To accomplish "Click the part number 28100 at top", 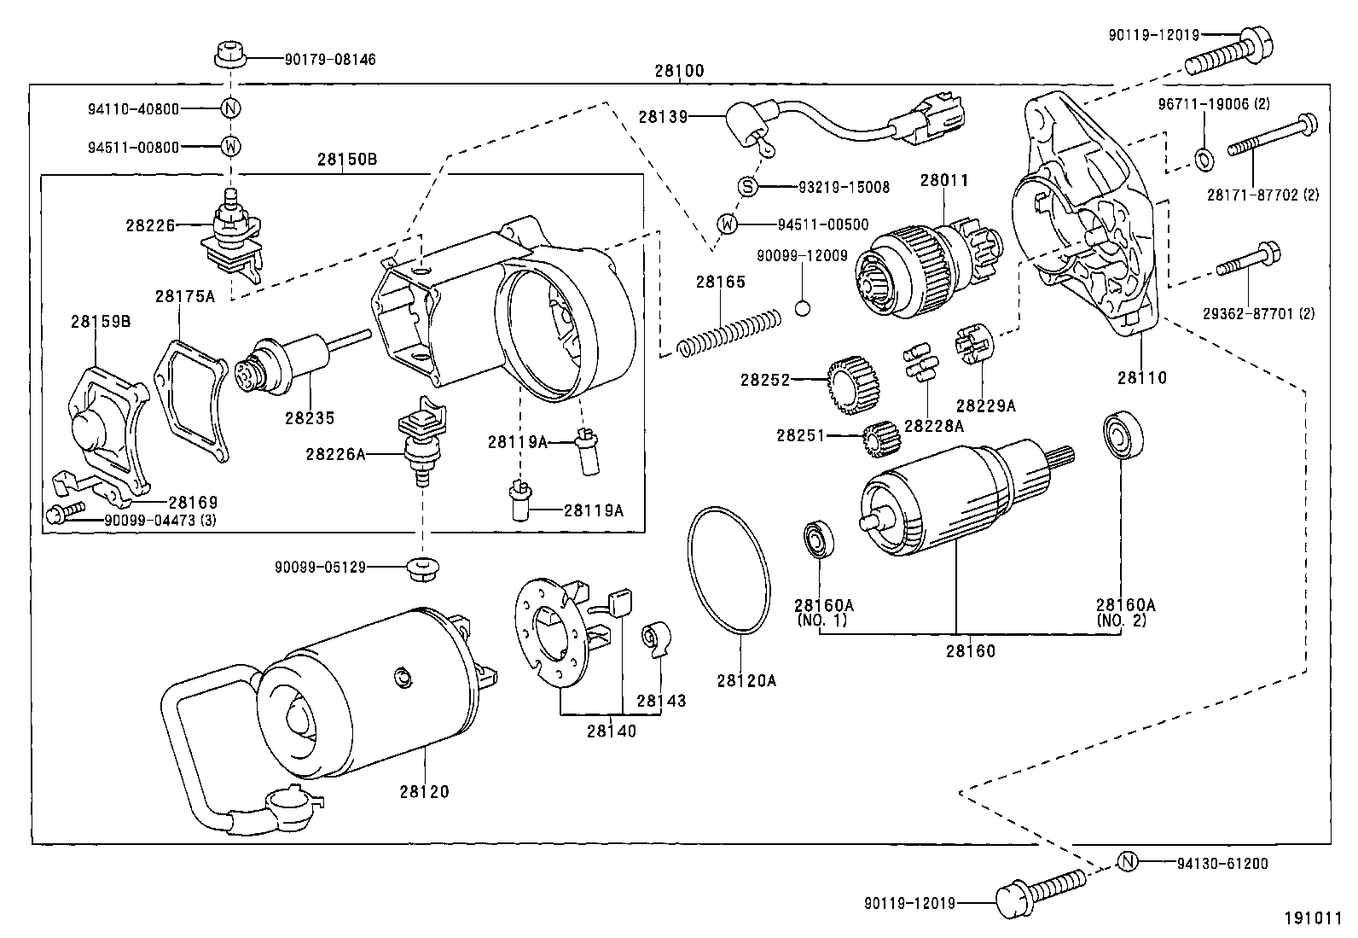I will point(680,72).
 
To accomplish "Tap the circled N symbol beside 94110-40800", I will point(231,109).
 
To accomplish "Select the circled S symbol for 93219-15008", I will point(747,187).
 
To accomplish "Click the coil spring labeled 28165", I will point(729,333).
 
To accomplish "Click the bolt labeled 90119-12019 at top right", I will point(1230,51).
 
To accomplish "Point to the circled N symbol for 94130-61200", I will point(1127,862).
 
